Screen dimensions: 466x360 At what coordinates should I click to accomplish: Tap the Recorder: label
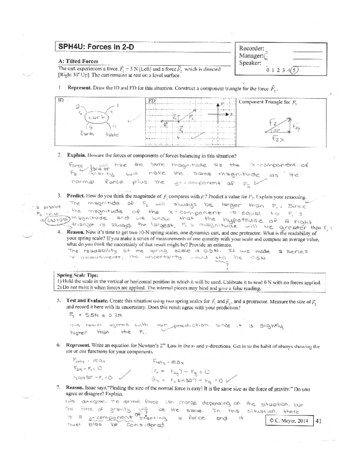tap(251, 48)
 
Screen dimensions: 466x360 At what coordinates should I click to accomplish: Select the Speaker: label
tap(250, 63)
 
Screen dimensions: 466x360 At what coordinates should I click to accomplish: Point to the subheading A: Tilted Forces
tap(78, 61)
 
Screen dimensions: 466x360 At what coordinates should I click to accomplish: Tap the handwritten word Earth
tap(87, 134)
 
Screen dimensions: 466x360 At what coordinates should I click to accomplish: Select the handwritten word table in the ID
tap(112, 135)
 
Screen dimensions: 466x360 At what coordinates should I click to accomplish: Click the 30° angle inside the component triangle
tap(276, 131)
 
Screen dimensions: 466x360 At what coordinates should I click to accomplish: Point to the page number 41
tap(319, 421)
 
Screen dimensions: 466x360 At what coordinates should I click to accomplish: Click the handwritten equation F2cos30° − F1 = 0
tap(92, 377)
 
